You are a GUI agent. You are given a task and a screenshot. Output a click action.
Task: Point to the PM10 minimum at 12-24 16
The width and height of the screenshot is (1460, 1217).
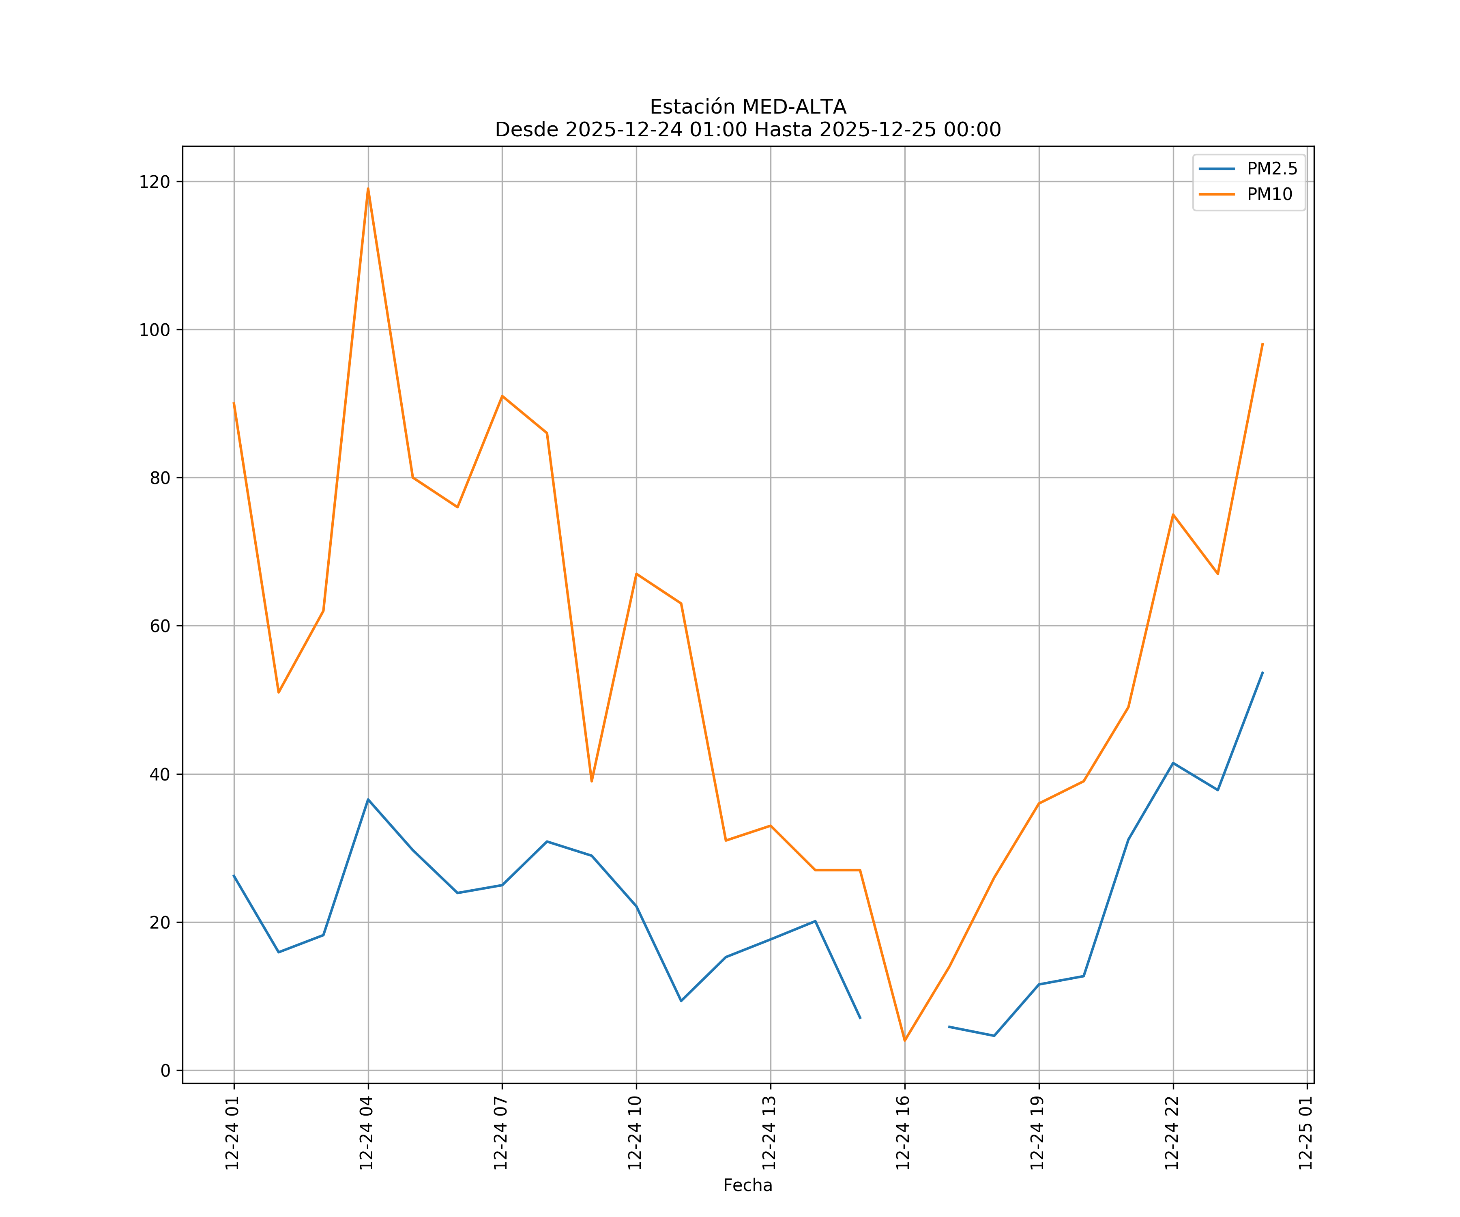904,1041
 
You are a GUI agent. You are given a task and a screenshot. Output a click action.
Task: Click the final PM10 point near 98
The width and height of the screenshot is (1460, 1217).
1262,344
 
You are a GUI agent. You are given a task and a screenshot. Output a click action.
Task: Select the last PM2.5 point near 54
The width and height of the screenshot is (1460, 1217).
1262,673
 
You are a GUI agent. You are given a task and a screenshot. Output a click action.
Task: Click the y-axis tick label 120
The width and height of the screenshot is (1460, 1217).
155,182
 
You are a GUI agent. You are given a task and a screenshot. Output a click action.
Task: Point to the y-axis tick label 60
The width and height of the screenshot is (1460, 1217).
159,626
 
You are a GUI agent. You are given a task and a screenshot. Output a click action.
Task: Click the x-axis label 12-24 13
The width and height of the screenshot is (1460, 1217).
769,1133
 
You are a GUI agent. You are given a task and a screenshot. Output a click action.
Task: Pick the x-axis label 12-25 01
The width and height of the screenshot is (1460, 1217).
1305,1133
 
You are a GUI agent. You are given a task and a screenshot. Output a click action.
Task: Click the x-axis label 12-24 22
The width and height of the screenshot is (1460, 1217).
1172,1133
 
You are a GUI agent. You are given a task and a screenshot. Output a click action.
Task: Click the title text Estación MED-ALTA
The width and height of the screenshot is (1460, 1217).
747,107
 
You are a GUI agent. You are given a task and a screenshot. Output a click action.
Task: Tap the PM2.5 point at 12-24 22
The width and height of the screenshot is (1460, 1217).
1173,763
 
